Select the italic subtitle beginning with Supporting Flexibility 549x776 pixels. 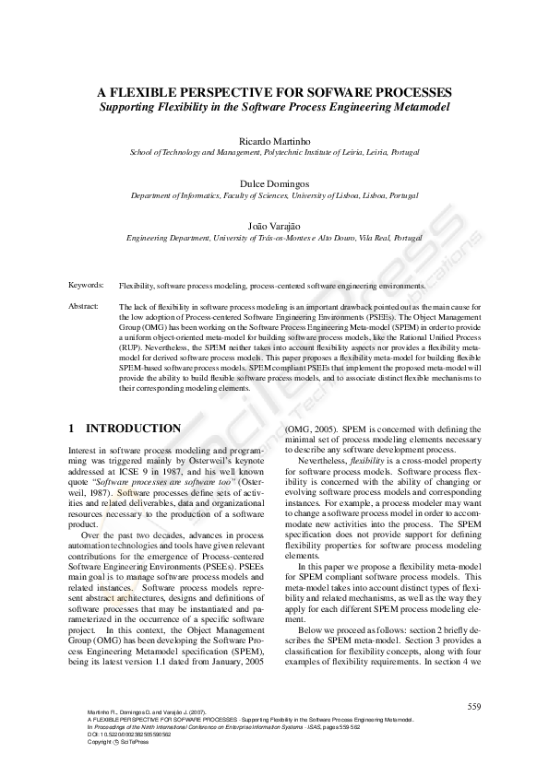point(275,108)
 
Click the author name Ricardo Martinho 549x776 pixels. point(274,138)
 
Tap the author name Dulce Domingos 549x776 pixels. point(274,183)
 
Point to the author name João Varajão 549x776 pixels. point(274,225)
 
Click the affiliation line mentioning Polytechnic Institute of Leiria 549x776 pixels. point(274,151)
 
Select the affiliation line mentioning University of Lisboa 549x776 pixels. point(274,195)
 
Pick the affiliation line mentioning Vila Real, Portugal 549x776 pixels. point(274,237)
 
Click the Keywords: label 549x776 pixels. point(87,287)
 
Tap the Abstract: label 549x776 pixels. point(84,305)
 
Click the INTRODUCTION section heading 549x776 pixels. point(134,429)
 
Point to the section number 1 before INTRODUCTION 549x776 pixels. point(73,429)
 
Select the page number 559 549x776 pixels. point(474,707)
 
